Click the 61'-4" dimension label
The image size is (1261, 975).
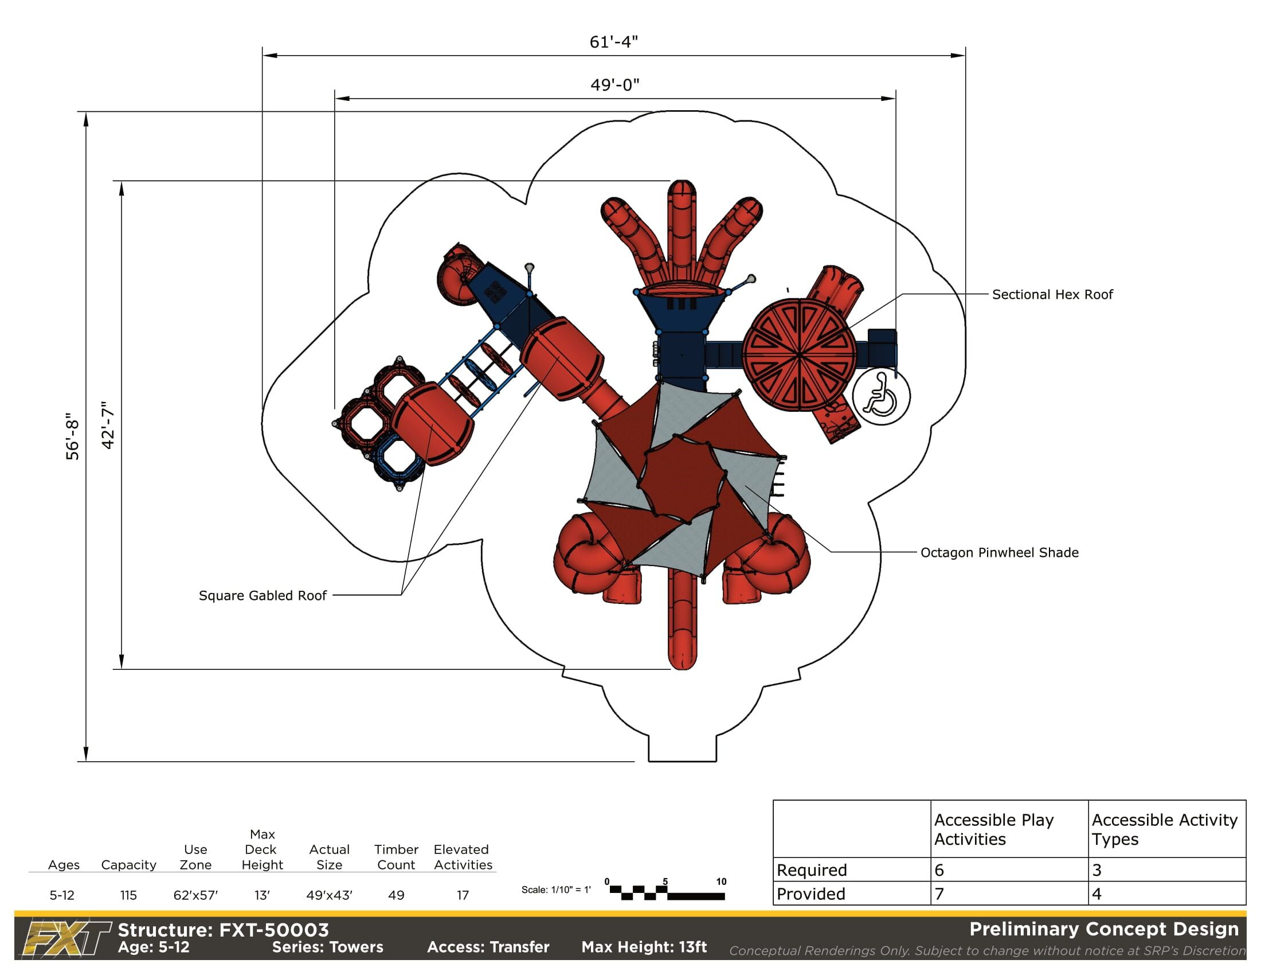(613, 42)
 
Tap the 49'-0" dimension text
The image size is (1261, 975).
(615, 85)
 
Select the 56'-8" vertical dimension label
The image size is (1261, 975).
(72, 436)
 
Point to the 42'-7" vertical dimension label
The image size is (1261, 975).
(108, 425)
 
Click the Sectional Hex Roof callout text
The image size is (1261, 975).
(1052, 295)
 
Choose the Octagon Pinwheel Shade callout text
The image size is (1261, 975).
(1000, 553)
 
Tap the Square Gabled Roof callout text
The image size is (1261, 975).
(263, 595)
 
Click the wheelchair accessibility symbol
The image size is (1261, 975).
(882, 396)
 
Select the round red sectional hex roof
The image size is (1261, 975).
(798, 354)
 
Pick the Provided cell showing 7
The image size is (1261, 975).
(1009, 894)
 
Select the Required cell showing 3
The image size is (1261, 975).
(1167, 870)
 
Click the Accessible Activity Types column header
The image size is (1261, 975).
(1165, 829)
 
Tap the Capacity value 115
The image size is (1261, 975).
(128, 895)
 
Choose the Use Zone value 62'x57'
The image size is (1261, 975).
(195, 895)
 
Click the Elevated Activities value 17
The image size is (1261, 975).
(463, 895)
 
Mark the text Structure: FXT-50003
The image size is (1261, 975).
(224, 930)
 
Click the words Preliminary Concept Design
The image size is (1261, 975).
(1104, 929)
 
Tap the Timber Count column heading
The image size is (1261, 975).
(396, 857)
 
